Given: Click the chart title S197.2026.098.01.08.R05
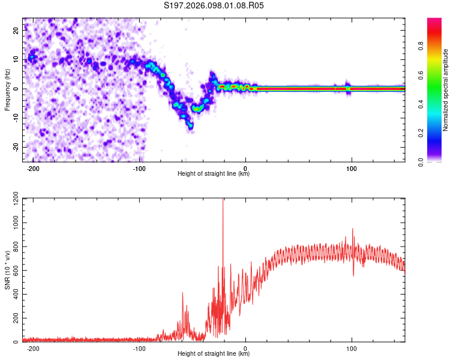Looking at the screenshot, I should [214, 5].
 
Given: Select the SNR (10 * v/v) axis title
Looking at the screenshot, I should [7, 270].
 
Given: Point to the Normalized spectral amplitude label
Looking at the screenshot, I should [445, 90].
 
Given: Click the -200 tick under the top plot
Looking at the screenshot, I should [34, 169].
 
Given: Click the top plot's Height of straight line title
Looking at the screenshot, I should [214, 174].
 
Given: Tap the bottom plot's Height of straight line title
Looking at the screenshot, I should [214, 354].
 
